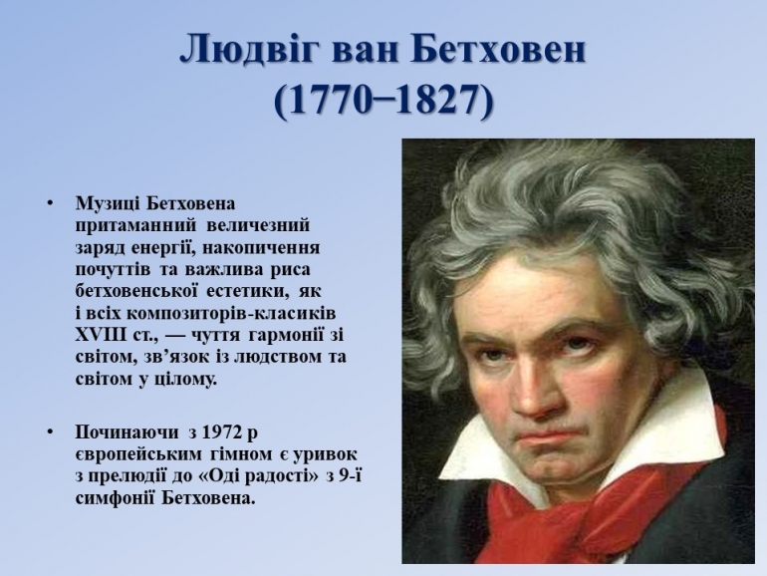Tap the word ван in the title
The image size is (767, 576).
click(366, 51)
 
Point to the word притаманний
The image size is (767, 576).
click(135, 225)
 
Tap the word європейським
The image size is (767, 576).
click(137, 455)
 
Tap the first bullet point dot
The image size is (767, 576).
click(50, 203)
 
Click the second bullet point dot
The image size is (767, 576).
click(50, 432)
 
